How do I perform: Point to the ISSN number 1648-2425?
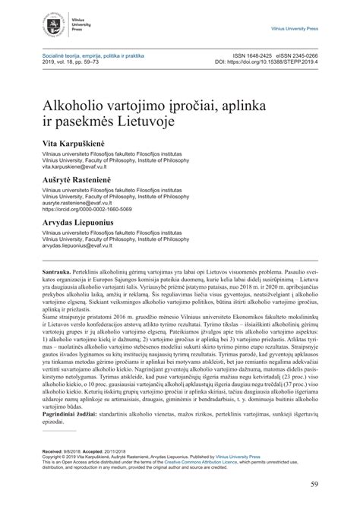(254, 55)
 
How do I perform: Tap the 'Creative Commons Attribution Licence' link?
(188, 461)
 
